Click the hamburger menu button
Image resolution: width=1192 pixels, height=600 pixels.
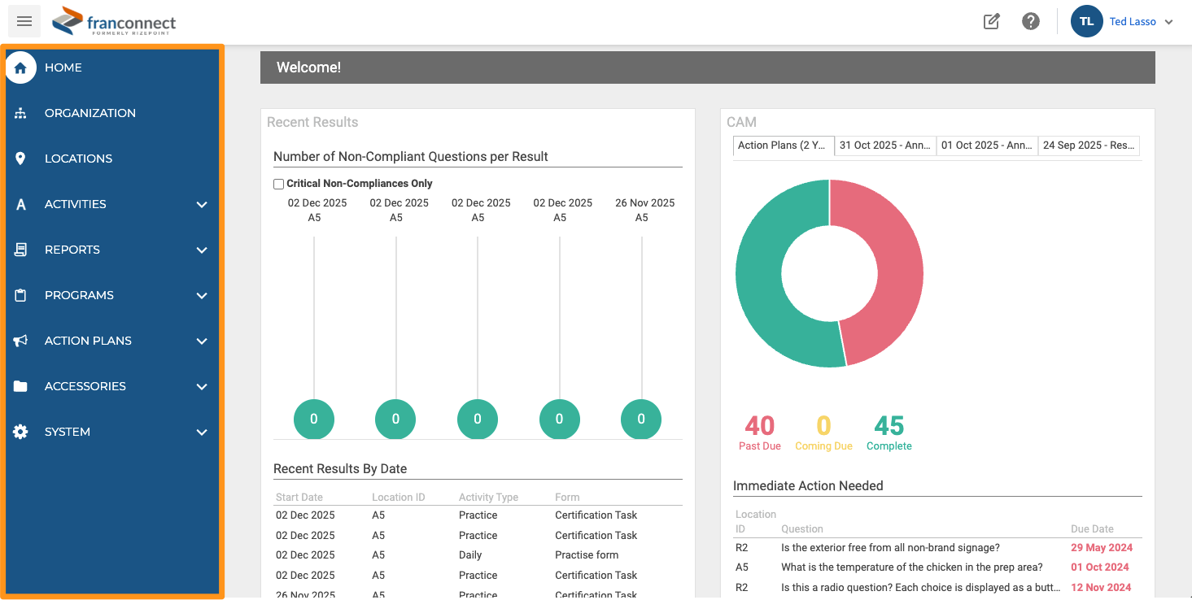coord(24,21)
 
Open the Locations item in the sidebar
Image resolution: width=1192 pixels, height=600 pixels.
coord(78,159)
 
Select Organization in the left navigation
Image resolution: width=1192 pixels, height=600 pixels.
coord(90,113)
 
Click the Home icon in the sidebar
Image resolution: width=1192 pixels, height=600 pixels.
coord(20,67)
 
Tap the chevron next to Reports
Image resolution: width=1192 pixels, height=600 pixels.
coord(202,250)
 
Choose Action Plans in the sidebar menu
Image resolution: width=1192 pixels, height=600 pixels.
coord(88,341)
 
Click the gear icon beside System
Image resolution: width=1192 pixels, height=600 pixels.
coord(20,432)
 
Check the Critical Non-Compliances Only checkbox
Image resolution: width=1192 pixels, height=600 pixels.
coord(278,184)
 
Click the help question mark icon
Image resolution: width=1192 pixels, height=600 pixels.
coord(1030,21)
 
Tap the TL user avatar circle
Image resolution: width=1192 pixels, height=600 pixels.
coord(1086,21)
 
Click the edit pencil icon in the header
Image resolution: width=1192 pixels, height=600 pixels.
coord(991,21)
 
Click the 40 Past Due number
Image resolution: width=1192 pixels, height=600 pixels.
coord(759,425)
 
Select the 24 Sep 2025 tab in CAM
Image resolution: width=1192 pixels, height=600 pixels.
coord(1088,146)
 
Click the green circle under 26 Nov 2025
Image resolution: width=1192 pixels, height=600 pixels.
coord(640,420)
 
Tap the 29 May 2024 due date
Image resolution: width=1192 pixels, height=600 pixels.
coord(1102,547)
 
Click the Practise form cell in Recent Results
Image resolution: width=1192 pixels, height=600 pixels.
coord(587,554)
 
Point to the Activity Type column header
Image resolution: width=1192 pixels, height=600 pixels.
coord(488,497)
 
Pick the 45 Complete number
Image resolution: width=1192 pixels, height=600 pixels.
coord(889,425)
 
